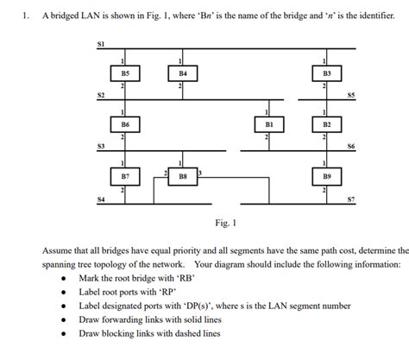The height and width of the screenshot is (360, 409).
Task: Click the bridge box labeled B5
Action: tap(125, 74)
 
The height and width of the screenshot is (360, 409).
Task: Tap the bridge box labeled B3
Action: tap(326, 74)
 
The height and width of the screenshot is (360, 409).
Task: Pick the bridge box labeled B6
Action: tap(125, 126)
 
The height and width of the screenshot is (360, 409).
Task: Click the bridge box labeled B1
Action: tap(269, 126)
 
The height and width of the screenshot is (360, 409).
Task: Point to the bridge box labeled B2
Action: tap(326, 126)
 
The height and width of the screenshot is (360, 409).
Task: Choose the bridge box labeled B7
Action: tap(125, 176)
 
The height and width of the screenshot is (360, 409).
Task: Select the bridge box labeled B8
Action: tap(183, 176)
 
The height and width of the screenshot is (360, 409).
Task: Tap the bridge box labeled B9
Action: tap(326, 176)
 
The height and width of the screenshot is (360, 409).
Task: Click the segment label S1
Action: tap(101, 43)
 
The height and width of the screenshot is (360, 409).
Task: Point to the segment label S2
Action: tap(101, 94)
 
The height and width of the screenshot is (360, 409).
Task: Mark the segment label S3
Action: tap(101, 147)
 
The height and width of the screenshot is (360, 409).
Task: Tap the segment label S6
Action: tap(349, 147)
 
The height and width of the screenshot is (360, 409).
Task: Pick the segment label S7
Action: tap(349, 200)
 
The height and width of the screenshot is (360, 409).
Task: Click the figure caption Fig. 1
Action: tap(225, 223)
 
